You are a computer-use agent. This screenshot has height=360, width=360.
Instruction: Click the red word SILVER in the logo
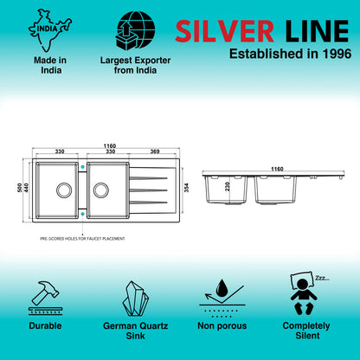[224, 31]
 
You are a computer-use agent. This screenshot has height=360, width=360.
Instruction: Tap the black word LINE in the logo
[317, 31]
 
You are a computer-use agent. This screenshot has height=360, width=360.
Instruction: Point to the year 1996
[337, 54]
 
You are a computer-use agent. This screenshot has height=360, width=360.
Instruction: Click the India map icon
[49, 29]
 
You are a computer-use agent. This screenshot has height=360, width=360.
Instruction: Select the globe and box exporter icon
[135, 30]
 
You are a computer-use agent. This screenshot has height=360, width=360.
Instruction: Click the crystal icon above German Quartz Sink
[135, 299]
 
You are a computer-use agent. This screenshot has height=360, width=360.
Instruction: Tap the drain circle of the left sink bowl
[64, 190]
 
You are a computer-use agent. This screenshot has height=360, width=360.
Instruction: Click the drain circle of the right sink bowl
[101, 190]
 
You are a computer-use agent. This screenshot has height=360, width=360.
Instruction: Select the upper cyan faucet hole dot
[83, 167]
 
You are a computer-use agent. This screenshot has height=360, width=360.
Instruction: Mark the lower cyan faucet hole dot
[83, 214]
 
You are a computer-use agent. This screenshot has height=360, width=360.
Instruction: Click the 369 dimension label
[155, 151]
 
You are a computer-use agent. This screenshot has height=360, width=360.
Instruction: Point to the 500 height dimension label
[20, 188]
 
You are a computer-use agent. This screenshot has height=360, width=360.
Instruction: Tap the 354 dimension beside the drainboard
[187, 188]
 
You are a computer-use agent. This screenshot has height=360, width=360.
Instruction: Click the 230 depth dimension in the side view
[228, 186]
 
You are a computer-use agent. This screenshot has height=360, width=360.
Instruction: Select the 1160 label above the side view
[277, 169]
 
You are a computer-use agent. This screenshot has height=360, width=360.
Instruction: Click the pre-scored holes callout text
[82, 239]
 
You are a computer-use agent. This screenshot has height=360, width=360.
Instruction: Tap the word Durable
[45, 325]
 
